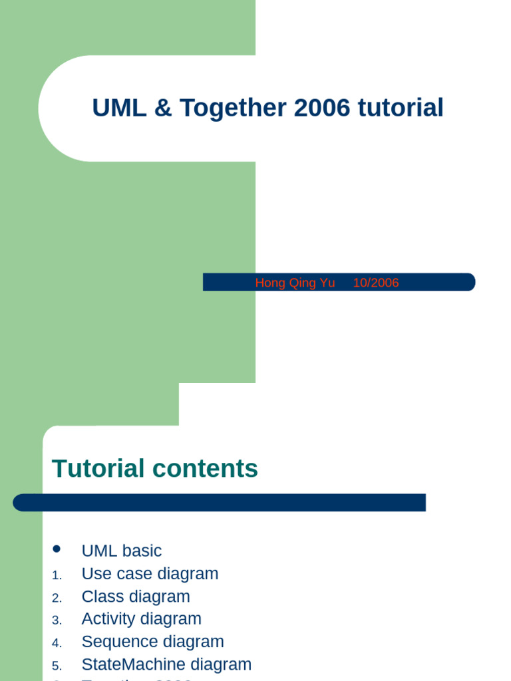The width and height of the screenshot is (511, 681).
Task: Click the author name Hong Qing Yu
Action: (x=295, y=283)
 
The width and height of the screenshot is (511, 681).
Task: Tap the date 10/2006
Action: (x=376, y=283)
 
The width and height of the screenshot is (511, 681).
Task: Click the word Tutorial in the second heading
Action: (x=98, y=469)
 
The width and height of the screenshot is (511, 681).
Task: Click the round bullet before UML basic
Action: (x=57, y=549)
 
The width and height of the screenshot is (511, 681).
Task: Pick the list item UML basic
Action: (x=121, y=551)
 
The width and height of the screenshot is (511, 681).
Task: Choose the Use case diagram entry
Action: (x=150, y=573)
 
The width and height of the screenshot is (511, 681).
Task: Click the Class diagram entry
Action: (x=136, y=596)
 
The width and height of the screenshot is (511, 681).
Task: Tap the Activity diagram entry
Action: (x=141, y=618)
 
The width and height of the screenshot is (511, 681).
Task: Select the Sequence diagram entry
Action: (x=152, y=641)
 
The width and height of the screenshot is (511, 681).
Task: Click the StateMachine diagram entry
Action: (x=166, y=664)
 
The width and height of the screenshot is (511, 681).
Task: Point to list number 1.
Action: (x=56, y=575)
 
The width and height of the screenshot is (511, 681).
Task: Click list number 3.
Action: (x=56, y=620)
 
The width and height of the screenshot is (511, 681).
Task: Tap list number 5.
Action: (x=56, y=665)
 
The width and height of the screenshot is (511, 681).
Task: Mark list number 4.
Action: (x=56, y=642)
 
